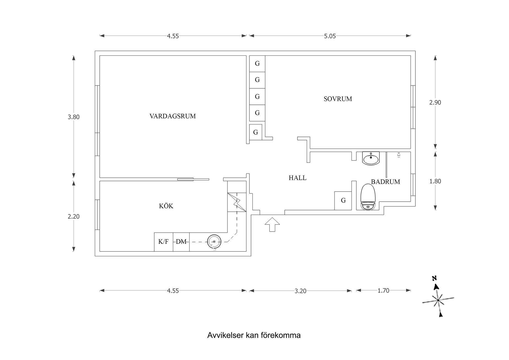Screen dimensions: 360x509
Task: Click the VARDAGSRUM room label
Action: pos(173,116)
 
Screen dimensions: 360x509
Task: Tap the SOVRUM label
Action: pos(338,99)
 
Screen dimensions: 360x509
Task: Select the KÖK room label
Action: pos(166,206)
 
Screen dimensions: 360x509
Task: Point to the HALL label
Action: pos(297,178)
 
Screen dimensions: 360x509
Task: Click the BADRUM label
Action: pos(385,182)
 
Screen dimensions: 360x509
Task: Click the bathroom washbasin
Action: pos(371,159)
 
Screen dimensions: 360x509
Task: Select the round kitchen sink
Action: pos(214,242)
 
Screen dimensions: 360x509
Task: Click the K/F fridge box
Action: pos(163,242)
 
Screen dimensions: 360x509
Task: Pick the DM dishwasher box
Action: pos(181,242)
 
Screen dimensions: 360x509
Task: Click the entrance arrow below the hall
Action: pos(272,224)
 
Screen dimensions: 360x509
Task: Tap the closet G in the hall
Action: pos(343,201)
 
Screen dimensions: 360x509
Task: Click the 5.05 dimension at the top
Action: pos(330,36)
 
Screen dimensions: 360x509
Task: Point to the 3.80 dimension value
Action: pos(73,117)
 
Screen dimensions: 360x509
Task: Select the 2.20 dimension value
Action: pos(73,216)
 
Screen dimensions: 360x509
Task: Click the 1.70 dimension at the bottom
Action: pos(383,291)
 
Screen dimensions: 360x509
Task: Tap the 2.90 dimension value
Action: pos(435,102)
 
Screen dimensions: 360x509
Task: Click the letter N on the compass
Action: pos(434,278)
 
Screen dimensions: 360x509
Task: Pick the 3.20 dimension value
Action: pos(300,291)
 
